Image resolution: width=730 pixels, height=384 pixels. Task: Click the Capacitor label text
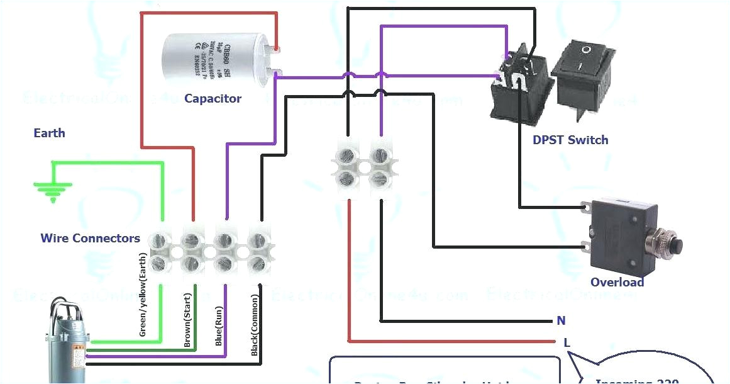213,99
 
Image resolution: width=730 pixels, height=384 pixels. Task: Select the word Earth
49,133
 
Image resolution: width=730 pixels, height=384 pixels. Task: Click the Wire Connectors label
90,239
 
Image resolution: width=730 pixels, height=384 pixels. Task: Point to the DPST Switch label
570,140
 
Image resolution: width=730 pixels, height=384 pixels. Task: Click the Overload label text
617,283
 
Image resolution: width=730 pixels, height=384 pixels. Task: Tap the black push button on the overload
675,245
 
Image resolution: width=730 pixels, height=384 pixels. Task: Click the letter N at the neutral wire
561,321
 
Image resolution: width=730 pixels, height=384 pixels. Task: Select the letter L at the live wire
567,342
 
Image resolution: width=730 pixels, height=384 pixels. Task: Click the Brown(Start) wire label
187,320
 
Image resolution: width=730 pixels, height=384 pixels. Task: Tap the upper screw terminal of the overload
587,206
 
